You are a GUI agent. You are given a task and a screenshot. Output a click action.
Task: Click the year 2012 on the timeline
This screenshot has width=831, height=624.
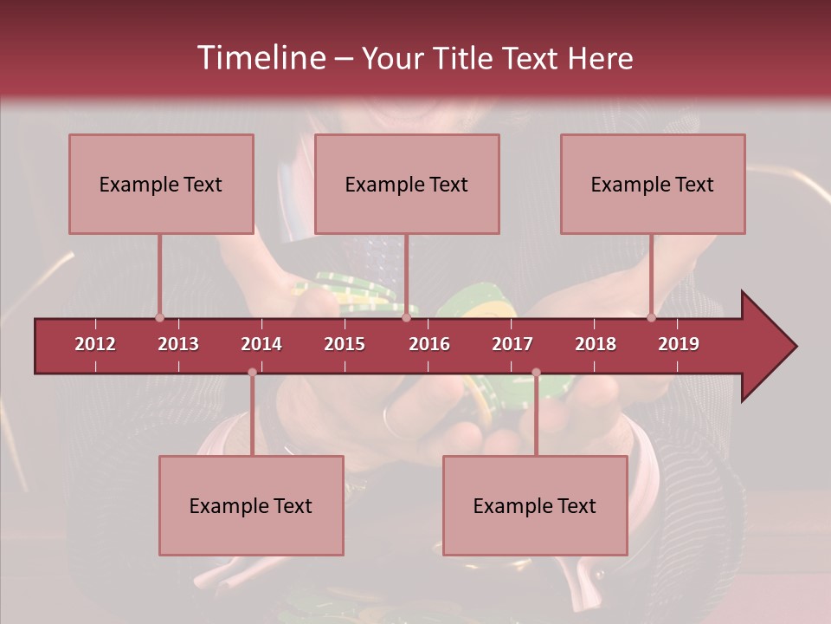(95, 344)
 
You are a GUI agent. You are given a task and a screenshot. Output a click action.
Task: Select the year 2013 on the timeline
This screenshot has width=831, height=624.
(178, 344)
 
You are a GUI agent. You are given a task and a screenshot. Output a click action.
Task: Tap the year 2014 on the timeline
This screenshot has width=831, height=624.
(261, 344)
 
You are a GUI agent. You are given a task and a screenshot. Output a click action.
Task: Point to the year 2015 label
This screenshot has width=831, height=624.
(345, 344)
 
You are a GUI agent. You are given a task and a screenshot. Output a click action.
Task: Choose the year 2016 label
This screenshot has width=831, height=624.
(429, 344)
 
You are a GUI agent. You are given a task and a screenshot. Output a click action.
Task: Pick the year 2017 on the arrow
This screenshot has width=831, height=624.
(512, 344)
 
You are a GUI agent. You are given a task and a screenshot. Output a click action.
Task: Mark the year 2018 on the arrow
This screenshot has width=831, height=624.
(596, 344)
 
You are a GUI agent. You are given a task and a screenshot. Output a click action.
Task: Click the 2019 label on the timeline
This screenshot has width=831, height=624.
(679, 344)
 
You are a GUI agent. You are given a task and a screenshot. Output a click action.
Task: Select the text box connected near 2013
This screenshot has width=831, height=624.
(161, 184)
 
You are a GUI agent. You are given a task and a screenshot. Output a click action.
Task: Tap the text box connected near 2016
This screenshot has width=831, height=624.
(407, 184)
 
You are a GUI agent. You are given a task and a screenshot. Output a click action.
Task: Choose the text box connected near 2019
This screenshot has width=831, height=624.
(653, 184)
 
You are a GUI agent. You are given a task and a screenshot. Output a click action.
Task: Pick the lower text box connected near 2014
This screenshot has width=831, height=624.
(251, 505)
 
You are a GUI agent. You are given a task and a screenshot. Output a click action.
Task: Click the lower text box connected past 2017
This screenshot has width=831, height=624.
(535, 505)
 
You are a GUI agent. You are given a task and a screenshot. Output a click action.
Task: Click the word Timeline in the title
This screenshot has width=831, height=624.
(259, 58)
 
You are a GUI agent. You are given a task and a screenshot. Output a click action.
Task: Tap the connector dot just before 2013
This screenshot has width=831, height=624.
(159, 318)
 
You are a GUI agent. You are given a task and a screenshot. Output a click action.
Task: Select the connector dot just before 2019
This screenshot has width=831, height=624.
(651, 318)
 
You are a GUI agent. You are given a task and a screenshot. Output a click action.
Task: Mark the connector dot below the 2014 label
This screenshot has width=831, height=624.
(252, 373)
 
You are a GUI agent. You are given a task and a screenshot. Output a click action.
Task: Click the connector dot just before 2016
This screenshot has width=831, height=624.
(406, 318)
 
